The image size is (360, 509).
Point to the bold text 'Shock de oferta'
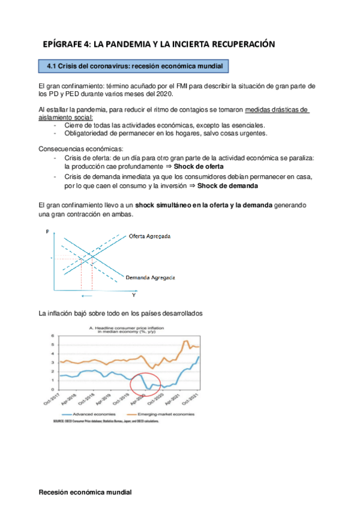[200, 166]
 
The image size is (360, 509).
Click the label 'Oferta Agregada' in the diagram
[149, 236]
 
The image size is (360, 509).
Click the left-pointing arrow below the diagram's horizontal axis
[87, 297]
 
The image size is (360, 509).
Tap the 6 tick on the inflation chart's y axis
[53, 336]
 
